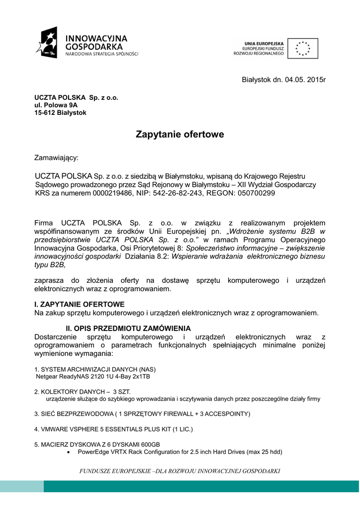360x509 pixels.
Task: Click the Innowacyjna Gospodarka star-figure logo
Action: (x=47, y=42)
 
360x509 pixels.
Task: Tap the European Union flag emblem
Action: (x=302, y=48)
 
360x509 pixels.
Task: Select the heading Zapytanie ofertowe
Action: (x=180, y=134)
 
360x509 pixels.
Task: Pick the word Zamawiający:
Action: (x=56, y=158)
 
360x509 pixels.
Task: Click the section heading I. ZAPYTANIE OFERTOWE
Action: (x=79, y=304)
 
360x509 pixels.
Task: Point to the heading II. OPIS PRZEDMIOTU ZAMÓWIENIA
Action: (x=121, y=328)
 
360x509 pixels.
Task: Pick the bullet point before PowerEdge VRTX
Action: (x=69, y=452)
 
